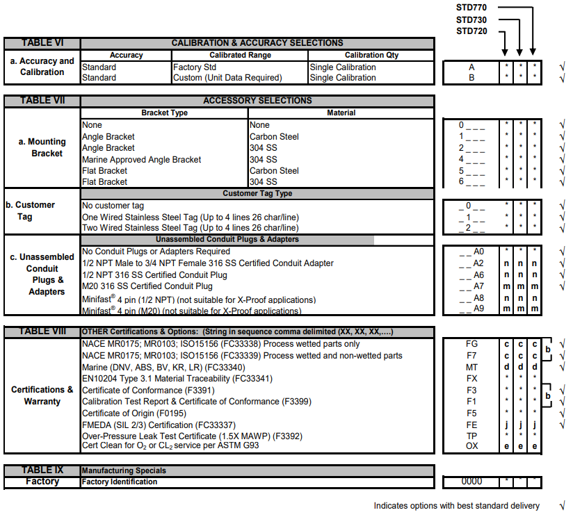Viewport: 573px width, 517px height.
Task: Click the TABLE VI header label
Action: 42,43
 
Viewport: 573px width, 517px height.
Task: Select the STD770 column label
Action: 471,7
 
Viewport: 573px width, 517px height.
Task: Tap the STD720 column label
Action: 471,31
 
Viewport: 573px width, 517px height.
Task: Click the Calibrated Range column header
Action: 240,55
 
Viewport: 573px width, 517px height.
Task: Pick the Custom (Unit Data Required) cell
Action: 227,78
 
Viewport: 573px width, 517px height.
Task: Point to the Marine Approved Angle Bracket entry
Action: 141,159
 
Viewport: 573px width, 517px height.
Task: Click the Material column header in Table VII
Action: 341,113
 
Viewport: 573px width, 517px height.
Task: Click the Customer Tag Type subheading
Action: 257,194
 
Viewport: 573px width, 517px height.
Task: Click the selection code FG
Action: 471,344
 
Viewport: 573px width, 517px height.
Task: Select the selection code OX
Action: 471,446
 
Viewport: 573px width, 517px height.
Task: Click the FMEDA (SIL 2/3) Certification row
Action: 158,424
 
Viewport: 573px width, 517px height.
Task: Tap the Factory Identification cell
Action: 120,482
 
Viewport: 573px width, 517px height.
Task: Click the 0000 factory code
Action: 471,482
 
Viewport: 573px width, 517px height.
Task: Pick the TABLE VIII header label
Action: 42,331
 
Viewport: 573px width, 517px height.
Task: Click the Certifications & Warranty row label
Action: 42,395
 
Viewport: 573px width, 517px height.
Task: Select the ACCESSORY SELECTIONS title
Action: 257,101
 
